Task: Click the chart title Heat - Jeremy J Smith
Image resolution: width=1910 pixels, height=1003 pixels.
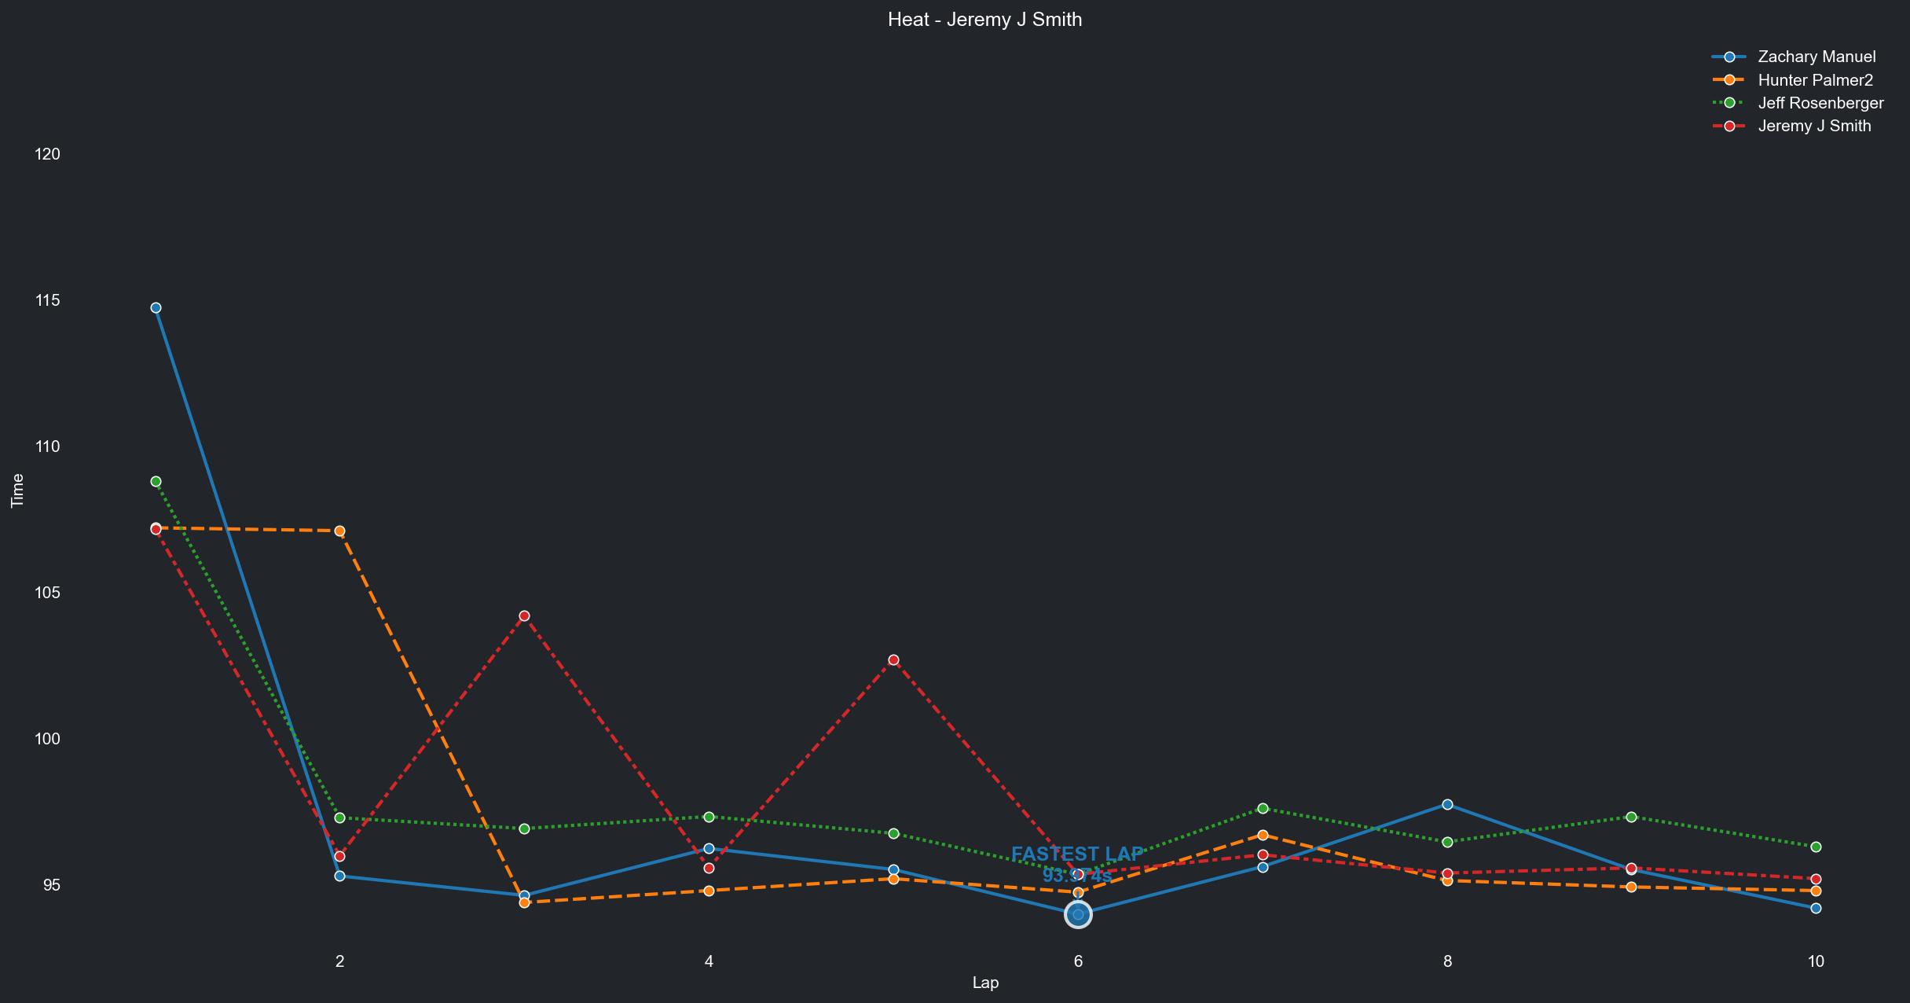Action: tap(984, 20)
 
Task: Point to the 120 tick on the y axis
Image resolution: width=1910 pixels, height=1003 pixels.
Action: tap(48, 154)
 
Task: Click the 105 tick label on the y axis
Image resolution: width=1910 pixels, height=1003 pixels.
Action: tap(48, 593)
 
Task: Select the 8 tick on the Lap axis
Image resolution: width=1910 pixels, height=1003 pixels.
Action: tap(1447, 961)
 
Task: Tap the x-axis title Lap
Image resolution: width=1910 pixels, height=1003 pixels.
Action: tap(985, 983)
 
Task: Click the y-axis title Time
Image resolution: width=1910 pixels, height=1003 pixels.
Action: tap(17, 490)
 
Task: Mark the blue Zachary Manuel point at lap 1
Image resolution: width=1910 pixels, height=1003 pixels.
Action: tap(156, 308)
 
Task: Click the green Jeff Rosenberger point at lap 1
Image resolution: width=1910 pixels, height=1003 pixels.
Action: tap(156, 481)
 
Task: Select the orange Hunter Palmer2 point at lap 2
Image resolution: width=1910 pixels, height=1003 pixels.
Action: tap(339, 531)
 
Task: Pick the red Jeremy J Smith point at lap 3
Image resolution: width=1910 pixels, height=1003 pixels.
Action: tap(524, 616)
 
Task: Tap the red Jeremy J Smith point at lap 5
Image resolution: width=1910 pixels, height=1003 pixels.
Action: tap(893, 660)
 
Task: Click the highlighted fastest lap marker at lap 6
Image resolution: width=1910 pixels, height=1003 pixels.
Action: tap(1078, 915)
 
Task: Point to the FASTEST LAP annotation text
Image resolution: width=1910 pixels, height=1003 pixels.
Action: tap(1077, 854)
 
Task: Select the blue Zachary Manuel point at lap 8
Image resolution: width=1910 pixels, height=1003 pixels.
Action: tap(1447, 805)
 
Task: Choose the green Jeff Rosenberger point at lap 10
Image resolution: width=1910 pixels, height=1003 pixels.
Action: tap(1816, 847)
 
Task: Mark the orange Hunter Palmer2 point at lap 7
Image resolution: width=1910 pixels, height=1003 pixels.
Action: tap(1263, 836)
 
